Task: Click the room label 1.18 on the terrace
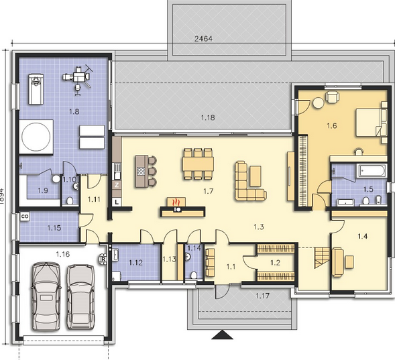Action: coord(209,118)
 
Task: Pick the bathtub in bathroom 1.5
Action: coord(368,171)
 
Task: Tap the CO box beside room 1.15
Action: coord(25,217)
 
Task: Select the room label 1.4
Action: coord(363,236)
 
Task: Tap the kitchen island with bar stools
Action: coord(142,172)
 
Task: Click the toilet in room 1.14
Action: coord(193,274)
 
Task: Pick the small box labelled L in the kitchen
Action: coord(117,201)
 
